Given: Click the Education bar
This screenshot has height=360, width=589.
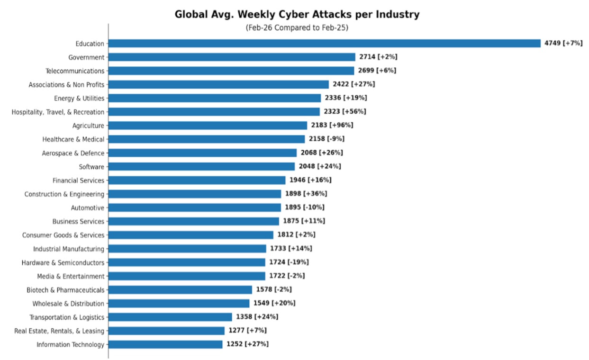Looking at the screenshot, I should (324, 44).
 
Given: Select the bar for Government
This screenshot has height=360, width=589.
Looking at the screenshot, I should (232, 57).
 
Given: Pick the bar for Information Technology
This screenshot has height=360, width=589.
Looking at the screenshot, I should (165, 344).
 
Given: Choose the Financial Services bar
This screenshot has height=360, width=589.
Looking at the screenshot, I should (197, 180).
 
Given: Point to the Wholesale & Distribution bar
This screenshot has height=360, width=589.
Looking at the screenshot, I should (179, 303).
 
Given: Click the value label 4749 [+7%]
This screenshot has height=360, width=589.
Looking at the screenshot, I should (563, 44).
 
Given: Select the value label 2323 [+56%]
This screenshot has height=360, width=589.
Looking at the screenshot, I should (345, 112).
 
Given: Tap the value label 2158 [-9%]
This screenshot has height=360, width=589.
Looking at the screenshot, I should (326, 139).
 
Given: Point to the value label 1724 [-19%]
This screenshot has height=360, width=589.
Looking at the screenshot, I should (289, 262).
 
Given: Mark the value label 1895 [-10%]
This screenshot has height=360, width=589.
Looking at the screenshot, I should (304, 207).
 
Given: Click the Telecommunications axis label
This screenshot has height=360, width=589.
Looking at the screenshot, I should (75, 71).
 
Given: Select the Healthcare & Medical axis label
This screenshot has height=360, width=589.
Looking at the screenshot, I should (73, 139).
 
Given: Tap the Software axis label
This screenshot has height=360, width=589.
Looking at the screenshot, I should (91, 167).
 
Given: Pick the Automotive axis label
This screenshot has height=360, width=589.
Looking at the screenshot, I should (88, 207).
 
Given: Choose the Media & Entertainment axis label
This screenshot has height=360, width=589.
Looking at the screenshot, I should (71, 276).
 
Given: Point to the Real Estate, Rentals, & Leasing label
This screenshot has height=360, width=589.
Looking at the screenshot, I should (59, 331).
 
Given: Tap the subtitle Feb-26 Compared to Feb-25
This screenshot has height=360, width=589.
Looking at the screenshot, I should (297, 28).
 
